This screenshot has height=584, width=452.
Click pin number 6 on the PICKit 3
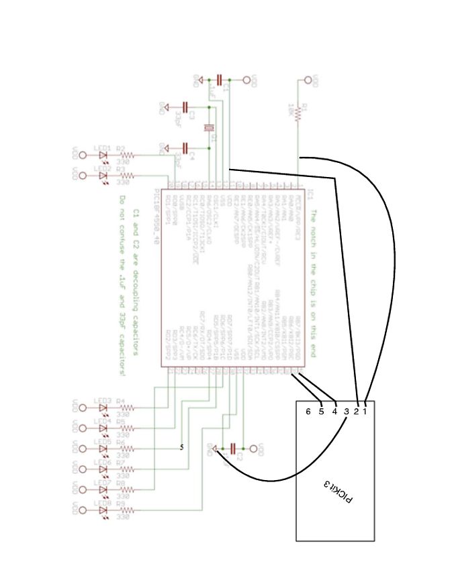tap(308, 411)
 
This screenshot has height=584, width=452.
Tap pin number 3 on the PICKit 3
tap(346, 411)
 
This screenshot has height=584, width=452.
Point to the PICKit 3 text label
tap(338, 491)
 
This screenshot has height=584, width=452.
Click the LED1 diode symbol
tap(103, 155)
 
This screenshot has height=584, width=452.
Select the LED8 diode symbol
tap(103, 510)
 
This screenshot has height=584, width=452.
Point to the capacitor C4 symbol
tap(186, 146)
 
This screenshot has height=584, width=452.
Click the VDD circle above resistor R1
tap(308, 80)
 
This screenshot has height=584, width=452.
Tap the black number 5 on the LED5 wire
tap(182, 447)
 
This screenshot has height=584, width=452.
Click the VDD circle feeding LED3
tap(83, 407)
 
